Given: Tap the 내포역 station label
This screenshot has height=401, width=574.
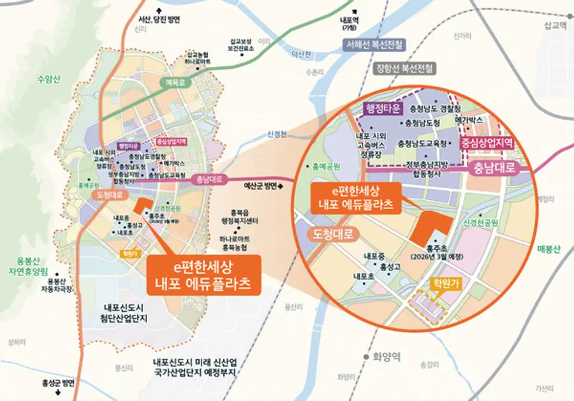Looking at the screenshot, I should (x=349, y=24).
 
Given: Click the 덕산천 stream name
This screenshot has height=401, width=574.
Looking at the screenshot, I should (x=298, y=54).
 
